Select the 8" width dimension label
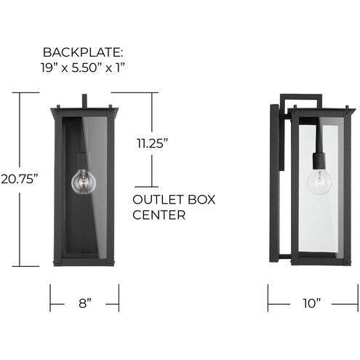[x=84, y=303]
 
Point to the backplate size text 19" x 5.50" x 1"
[x=84, y=71]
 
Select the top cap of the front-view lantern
[x=84, y=111]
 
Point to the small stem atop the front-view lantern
[x=85, y=100]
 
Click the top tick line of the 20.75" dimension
[x=24, y=92]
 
